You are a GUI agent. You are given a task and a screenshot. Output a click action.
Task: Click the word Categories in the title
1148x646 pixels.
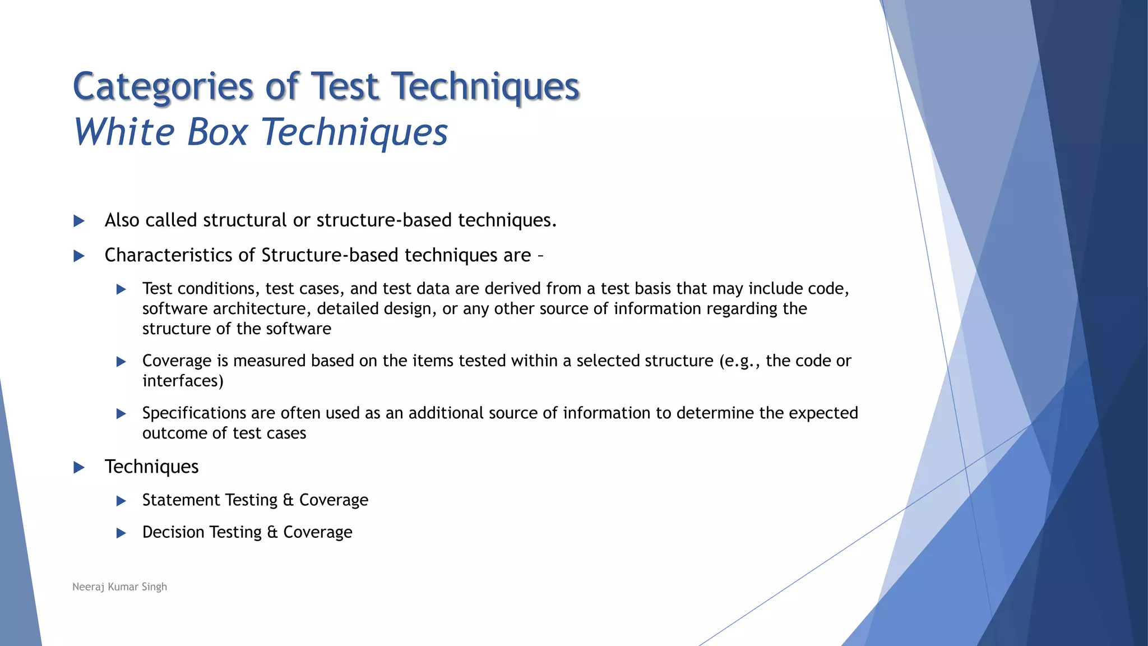click(163, 87)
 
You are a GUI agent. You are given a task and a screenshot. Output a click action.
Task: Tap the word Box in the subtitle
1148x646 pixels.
click(217, 132)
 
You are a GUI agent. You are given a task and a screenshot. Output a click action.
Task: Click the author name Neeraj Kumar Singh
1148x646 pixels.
click(119, 587)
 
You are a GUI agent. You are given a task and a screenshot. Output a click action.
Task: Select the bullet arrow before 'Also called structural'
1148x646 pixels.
click(79, 221)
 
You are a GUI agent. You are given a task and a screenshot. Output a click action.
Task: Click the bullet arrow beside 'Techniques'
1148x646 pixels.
click(79, 467)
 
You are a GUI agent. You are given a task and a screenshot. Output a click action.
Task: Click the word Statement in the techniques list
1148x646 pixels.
click(181, 500)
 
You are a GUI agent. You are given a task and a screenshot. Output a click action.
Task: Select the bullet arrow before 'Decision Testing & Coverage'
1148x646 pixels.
click(121, 533)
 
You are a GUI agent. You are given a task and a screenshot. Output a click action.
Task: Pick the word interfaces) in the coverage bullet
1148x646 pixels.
click(183, 381)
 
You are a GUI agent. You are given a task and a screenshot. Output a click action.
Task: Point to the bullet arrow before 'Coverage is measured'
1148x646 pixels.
click(121, 362)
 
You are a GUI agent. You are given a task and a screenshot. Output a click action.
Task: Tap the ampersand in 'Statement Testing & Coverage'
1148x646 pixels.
click(288, 500)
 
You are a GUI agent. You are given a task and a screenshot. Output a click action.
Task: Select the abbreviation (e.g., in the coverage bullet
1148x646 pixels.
click(740, 361)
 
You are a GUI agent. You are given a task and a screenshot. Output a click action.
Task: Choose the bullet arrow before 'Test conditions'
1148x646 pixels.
click(121, 289)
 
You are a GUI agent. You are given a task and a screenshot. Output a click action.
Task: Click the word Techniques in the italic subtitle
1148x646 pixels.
click(354, 132)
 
